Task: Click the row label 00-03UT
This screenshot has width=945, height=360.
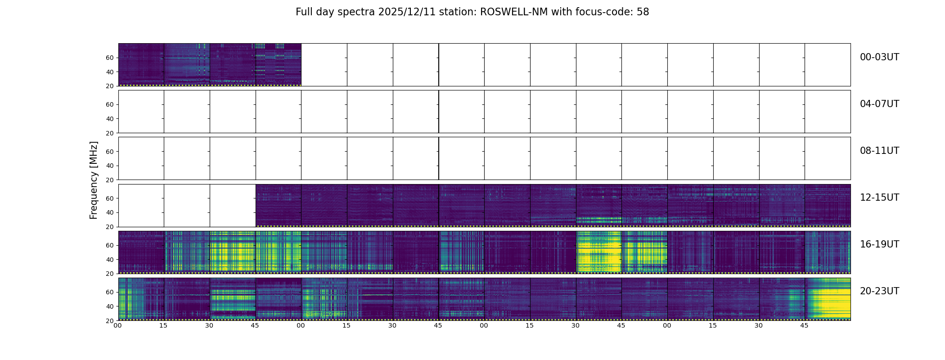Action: pyautogui.click(x=879, y=57)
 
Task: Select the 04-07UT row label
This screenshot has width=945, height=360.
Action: pyautogui.click(x=879, y=104)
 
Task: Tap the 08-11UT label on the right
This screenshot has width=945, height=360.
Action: pyautogui.click(x=879, y=151)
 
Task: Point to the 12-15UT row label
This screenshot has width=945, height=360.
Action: pyautogui.click(x=879, y=198)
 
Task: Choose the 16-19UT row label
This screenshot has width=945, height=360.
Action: pyautogui.click(x=879, y=244)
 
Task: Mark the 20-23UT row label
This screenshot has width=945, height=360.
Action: pyautogui.click(x=879, y=291)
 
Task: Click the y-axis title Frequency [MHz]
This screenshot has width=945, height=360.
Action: pyautogui.click(x=94, y=180)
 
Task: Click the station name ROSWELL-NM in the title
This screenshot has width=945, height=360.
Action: pyautogui.click(x=514, y=12)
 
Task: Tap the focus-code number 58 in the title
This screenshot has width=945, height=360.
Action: pyautogui.click(x=643, y=12)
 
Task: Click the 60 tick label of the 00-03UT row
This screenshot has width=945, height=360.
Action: pyautogui.click(x=110, y=58)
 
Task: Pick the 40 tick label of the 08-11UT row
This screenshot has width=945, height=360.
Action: pyautogui.click(x=110, y=166)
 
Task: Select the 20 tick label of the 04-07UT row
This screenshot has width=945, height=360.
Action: pyautogui.click(x=110, y=133)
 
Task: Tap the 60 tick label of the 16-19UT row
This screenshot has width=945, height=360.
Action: pyautogui.click(x=110, y=245)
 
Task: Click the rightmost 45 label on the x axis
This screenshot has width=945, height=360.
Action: pyautogui.click(x=804, y=325)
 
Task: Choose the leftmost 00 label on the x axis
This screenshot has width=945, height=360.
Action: pyautogui.click(x=118, y=325)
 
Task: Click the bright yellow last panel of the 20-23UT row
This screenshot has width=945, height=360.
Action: pyautogui.click(x=828, y=299)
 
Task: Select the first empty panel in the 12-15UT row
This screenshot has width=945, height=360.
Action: pyautogui.click(x=141, y=205)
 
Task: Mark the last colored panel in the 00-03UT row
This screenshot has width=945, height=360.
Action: pyautogui.click(x=278, y=64)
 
